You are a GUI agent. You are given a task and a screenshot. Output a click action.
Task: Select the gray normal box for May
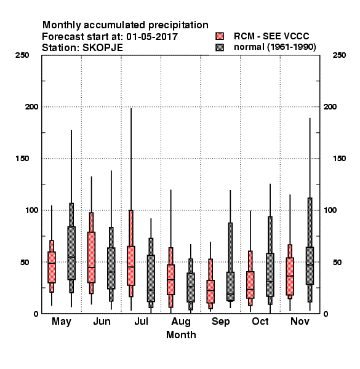(71, 253)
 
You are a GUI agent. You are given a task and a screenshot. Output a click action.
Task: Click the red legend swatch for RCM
(220, 36)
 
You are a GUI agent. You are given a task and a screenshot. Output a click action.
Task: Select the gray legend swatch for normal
(220, 47)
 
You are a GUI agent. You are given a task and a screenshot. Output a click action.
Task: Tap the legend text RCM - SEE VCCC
(271, 36)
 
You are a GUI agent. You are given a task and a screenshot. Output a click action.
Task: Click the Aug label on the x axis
(181, 322)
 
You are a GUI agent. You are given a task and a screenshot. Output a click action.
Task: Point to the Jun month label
(102, 321)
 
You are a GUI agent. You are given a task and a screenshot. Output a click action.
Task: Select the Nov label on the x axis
(300, 321)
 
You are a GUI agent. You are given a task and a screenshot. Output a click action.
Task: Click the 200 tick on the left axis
(31, 106)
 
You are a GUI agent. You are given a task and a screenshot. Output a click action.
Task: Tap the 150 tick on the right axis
(339, 159)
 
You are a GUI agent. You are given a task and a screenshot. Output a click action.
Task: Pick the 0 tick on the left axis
(36, 314)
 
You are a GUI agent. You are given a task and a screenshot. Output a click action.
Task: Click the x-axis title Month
(181, 335)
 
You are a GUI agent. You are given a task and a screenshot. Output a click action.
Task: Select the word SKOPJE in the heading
(102, 48)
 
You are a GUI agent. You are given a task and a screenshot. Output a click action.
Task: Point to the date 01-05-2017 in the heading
(152, 37)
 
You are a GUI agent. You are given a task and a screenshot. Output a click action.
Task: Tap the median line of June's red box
(91, 268)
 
